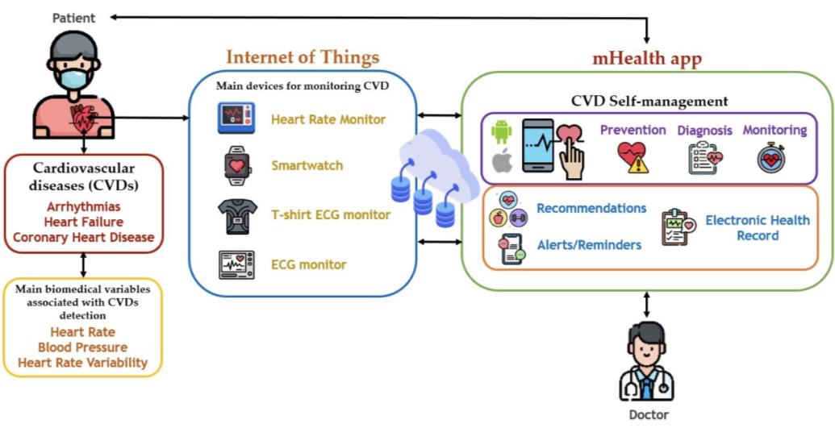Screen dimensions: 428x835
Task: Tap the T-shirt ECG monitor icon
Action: coord(238,215)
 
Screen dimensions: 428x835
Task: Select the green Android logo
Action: coord(502,130)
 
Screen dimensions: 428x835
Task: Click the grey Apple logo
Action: coord(502,161)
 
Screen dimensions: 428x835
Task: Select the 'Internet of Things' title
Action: coord(302,57)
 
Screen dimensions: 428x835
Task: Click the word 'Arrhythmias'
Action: coord(83,206)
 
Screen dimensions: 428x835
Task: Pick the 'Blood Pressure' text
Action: coord(82,347)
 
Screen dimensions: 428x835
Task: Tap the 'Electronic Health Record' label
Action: coord(757,227)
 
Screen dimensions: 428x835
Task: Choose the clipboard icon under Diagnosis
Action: coord(704,158)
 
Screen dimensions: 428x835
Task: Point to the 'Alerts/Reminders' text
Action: coord(589,245)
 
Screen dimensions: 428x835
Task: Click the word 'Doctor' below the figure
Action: coord(649,415)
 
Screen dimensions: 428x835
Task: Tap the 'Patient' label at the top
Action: coord(73,17)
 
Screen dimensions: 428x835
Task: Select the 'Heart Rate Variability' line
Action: coord(82,363)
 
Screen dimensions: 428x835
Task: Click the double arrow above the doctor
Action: coord(646,304)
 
